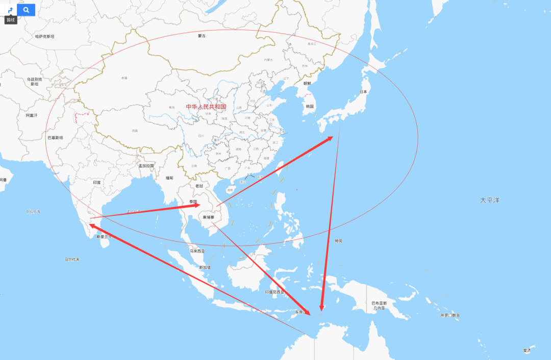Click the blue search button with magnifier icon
pyautogui.click(x=26, y=10)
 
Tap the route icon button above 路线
pyautogui.click(x=10, y=10)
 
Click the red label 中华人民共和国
pyautogui.click(x=206, y=107)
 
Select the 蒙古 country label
pyautogui.click(x=202, y=36)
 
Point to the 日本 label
pyautogui.click(x=363, y=92)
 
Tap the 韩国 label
pyautogui.click(x=309, y=107)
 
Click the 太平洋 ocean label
pyautogui.click(x=489, y=200)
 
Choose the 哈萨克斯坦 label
pyautogui.click(x=44, y=37)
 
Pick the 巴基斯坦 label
pyautogui.click(x=55, y=138)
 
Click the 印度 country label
pyautogui.click(x=97, y=183)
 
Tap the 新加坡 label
pyautogui.click(x=205, y=267)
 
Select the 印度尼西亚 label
pyautogui.click(x=275, y=292)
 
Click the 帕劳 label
pyautogui.click(x=339, y=241)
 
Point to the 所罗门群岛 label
pyautogui.click(x=450, y=316)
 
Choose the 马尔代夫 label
pyautogui.click(x=72, y=260)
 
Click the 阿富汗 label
pyautogui.click(x=32, y=116)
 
